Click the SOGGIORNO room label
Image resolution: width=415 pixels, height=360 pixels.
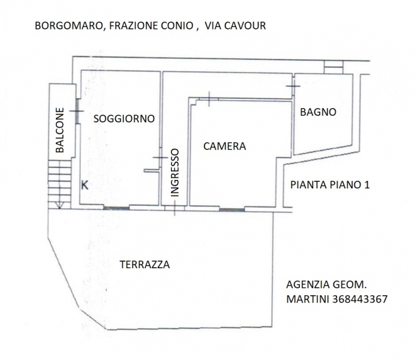coord(124,119)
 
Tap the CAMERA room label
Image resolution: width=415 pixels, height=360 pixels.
coord(224,146)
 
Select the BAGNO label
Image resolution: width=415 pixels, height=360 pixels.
coord(318,112)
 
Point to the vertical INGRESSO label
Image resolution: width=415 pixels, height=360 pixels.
coord(175,173)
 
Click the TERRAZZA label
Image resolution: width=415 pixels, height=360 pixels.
coord(145,265)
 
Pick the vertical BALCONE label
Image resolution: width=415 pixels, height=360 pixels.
coord(60,130)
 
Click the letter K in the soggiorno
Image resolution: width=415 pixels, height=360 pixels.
coord(85,185)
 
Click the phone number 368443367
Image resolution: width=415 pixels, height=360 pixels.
coord(360,299)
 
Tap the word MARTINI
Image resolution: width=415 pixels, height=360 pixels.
coord(308,299)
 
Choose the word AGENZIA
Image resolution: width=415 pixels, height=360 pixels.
coord(308,284)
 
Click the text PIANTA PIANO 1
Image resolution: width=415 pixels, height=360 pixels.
coord(330,185)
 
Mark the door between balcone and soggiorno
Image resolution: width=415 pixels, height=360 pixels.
coord(77,111)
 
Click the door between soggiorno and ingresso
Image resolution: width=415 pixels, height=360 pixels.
coord(160,158)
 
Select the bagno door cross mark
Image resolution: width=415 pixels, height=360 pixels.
coord(293,86)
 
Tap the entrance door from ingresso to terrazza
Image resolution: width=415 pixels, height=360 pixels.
coord(175,208)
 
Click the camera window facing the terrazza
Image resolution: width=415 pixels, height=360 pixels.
coord(232,209)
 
